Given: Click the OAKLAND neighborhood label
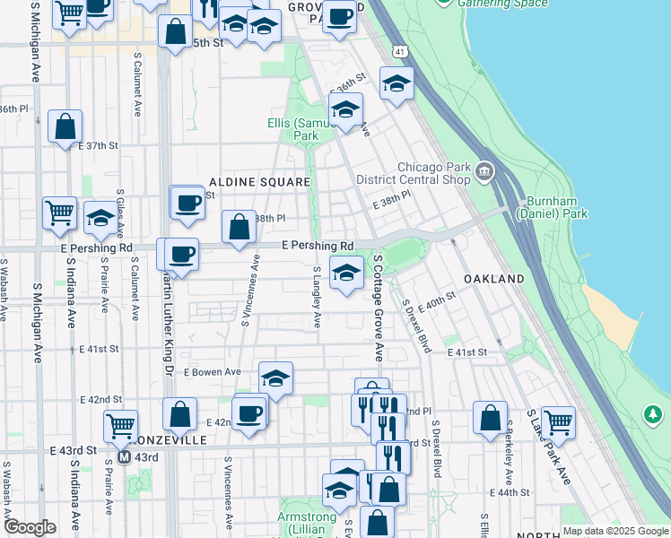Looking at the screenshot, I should point(494,280).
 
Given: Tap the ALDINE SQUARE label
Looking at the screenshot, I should point(260,182).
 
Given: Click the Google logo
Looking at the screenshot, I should point(30,527).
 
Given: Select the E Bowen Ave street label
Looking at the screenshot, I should point(213,371).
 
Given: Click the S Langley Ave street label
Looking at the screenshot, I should point(317,296).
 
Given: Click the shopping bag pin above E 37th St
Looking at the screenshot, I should point(65,127).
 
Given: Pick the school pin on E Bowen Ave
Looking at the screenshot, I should point(276,377).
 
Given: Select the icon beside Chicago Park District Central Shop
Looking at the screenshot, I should point(485,171).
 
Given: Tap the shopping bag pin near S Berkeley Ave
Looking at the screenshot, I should point(490,418).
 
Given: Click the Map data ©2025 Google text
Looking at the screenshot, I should point(615,530).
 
